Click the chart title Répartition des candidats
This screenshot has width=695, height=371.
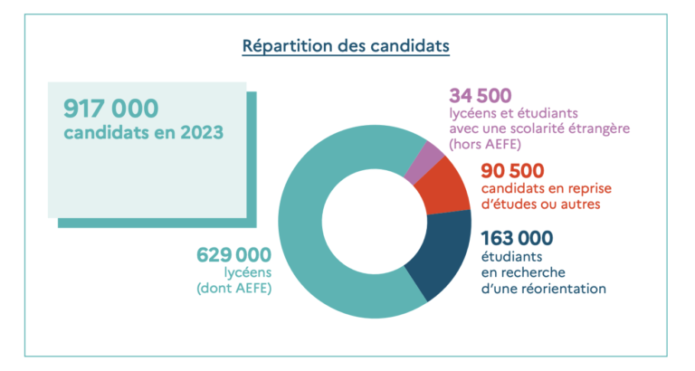[x=346, y=45]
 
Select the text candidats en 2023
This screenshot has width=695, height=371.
[x=143, y=132]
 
